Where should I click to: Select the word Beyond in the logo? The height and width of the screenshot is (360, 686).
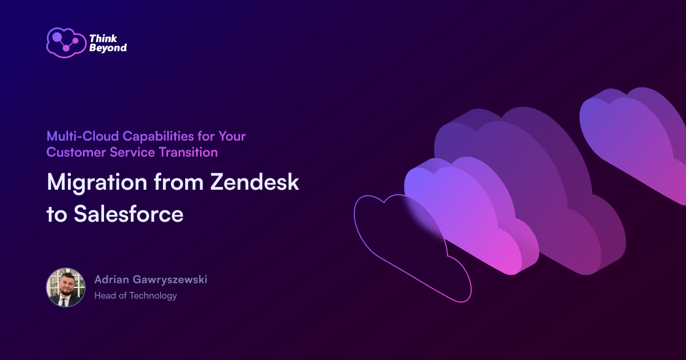107,49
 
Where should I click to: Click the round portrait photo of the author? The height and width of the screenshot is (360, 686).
65,287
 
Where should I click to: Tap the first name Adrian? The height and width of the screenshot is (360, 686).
112,280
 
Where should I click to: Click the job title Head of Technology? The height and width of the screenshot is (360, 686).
135,295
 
